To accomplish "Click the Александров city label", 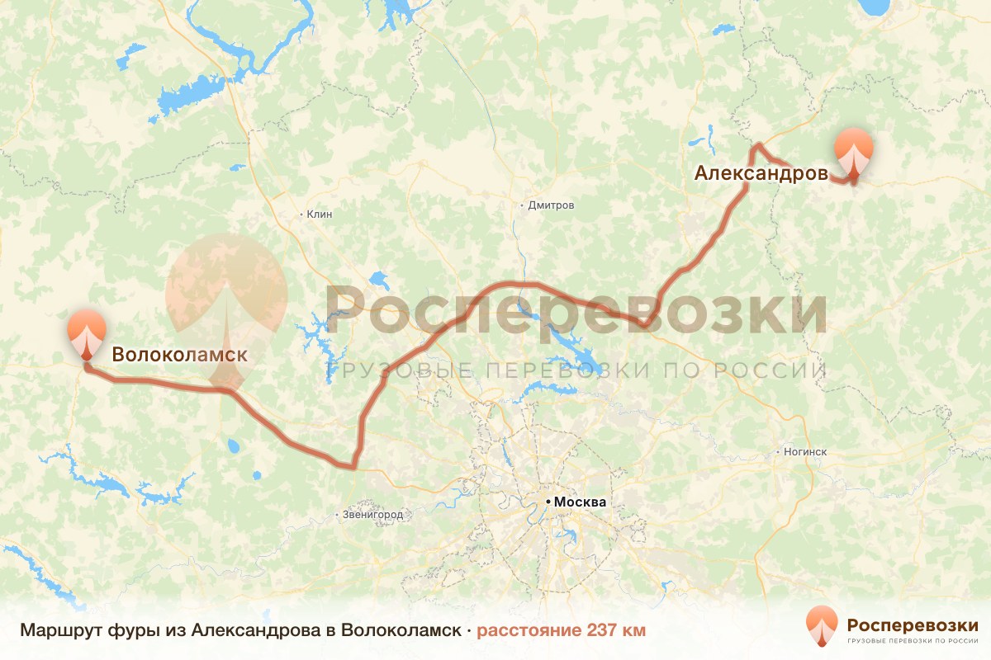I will point(761,173).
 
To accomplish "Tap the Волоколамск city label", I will point(179,355).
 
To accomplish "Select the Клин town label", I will point(320,214).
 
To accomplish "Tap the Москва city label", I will point(580,502).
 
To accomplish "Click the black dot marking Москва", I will point(548,502).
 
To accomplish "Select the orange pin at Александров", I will point(854,153).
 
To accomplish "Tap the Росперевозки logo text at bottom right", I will point(913,625).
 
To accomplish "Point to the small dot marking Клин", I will point(301,214).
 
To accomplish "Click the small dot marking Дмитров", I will point(522,205).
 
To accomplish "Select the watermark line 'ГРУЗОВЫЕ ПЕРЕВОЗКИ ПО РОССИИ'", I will point(576,370).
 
